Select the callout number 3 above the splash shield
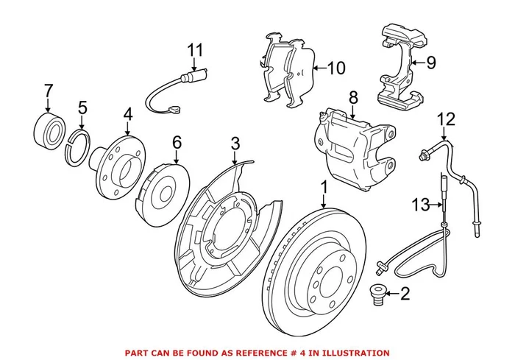pyautogui.click(x=235, y=143)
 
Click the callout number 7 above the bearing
pyautogui.click(x=49, y=92)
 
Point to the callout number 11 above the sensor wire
pyautogui.click(x=193, y=51)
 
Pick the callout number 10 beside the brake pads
pyautogui.click(x=335, y=69)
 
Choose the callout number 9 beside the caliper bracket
pyautogui.click(x=430, y=63)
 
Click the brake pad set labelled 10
pyautogui.click(x=287, y=70)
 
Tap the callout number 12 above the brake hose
pyautogui.click(x=447, y=118)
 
